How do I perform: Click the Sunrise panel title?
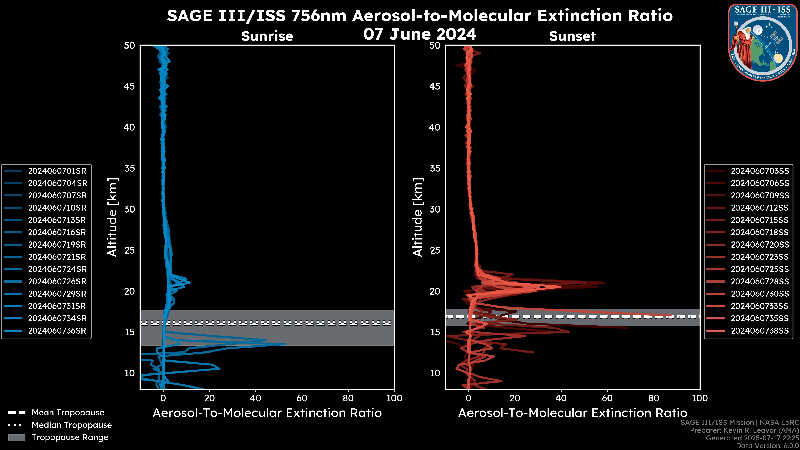click(x=267, y=36)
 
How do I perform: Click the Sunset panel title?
click(x=572, y=36)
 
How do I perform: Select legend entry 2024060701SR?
click(x=57, y=171)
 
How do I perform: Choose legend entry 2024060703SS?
click(x=760, y=171)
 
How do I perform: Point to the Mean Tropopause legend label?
click(x=68, y=412)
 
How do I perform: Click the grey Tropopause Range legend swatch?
click(x=16, y=437)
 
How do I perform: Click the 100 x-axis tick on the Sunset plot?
click(x=700, y=398)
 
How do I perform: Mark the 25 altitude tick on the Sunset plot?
click(x=435, y=250)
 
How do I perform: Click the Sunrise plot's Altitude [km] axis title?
click(x=112, y=217)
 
